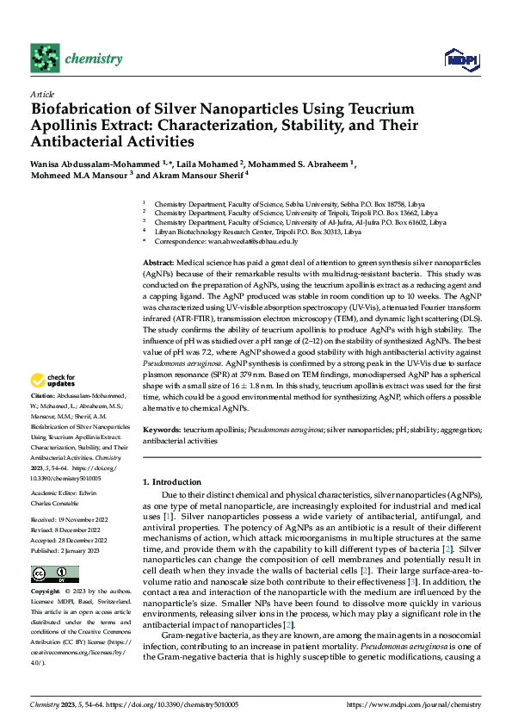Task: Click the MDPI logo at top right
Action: pos(461,59)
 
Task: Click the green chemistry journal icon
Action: pos(43,58)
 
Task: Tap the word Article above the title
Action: pos(42,94)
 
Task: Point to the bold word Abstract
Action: pos(157,261)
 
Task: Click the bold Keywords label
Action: pos(161,429)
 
